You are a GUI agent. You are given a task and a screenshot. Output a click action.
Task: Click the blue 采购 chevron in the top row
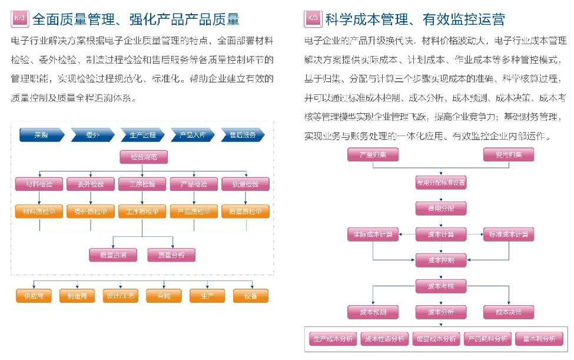(x=41, y=135)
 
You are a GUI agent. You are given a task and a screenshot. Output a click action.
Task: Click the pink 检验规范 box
(x=144, y=157)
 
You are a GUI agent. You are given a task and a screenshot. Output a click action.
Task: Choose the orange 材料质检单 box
(x=39, y=212)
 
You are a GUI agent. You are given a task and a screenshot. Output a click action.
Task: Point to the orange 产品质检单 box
(x=194, y=212)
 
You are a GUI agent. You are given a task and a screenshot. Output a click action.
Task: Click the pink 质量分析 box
(x=171, y=255)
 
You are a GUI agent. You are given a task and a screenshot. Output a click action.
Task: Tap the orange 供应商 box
(x=34, y=296)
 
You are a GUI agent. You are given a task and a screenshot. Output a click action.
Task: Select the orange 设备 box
(x=251, y=296)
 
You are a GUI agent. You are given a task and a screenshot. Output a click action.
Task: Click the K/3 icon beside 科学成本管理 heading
(x=313, y=19)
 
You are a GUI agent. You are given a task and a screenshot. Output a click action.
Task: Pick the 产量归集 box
(x=373, y=155)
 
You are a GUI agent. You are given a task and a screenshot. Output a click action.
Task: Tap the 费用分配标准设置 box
(x=441, y=183)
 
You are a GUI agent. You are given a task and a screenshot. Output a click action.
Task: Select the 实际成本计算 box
(x=373, y=234)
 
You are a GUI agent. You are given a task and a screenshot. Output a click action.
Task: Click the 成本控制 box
(x=441, y=259)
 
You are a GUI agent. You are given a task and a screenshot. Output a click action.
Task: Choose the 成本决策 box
(x=509, y=311)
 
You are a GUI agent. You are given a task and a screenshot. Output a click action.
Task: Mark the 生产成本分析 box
(x=333, y=339)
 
